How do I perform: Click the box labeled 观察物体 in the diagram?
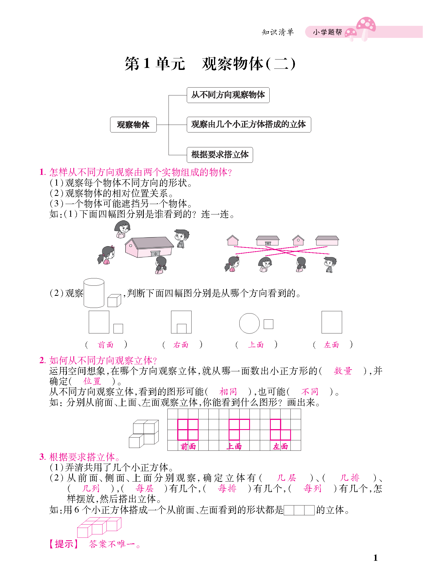(x=133, y=125)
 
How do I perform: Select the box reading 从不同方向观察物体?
(x=228, y=95)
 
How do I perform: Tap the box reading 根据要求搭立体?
(x=220, y=155)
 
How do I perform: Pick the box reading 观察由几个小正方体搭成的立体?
(x=249, y=124)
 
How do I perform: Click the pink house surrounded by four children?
(x=149, y=247)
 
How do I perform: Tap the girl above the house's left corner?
(x=122, y=229)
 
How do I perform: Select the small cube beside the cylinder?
(x=114, y=300)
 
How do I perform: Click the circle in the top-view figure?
(x=249, y=323)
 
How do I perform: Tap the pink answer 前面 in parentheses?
(x=106, y=345)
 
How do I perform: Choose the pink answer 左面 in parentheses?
(x=331, y=345)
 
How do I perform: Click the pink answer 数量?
(x=343, y=371)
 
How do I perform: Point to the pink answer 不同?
(x=310, y=392)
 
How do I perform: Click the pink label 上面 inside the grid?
(x=234, y=446)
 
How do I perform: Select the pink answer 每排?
(x=227, y=489)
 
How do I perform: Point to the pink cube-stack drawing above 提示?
(x=99, y=527)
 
